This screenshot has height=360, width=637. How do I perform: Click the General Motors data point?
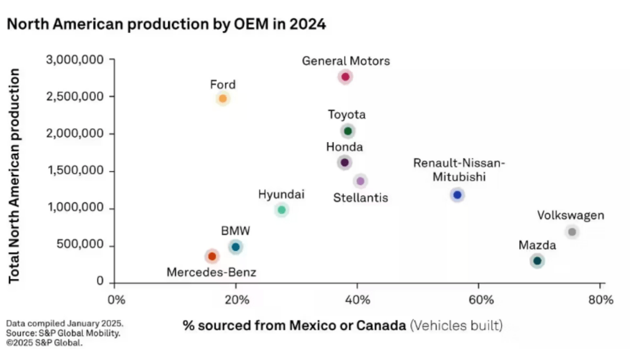pyautogui.click(x=346, y=77)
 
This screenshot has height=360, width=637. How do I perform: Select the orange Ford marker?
pyautogui.click(x=223, y=98)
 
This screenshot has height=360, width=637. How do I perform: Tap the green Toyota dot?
pyautogui.click(x=347, y=131)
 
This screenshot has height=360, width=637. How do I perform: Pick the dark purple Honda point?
pyautogui.click(x=344, y=163)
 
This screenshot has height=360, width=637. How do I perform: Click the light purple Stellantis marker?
pyautogui.click(x=361, y=181)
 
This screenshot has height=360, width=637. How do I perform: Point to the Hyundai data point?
pyautogui.click(x=281, y=210)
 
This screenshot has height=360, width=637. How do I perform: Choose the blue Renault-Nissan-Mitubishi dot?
pyautogui.click(x=458, y=195)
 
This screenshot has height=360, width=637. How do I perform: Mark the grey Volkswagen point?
pyautogui.click(x=572, y=232)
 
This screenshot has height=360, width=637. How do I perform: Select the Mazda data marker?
pyautogui.click(x=537, y=260)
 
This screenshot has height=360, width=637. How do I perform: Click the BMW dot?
pyautogui.click(x=235, y=247)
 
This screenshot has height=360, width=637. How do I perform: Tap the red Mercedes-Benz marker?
pyautogui.click(x=212, y=256)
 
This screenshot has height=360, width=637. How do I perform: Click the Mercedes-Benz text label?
pyautogui.click(x=211, y=272)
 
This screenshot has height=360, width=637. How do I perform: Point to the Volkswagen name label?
pyautogui.click(x=570, y=216)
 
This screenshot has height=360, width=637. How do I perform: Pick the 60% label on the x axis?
pyautogui.click(x=478, y=300)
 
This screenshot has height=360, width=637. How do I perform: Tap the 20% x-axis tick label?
pyautogui.click(x=235, y=300)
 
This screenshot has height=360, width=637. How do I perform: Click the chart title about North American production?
pyautogui.click(x=166, y=24)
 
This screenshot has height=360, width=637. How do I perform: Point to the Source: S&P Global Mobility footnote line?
pyautogui.click(x=63, y=333)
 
